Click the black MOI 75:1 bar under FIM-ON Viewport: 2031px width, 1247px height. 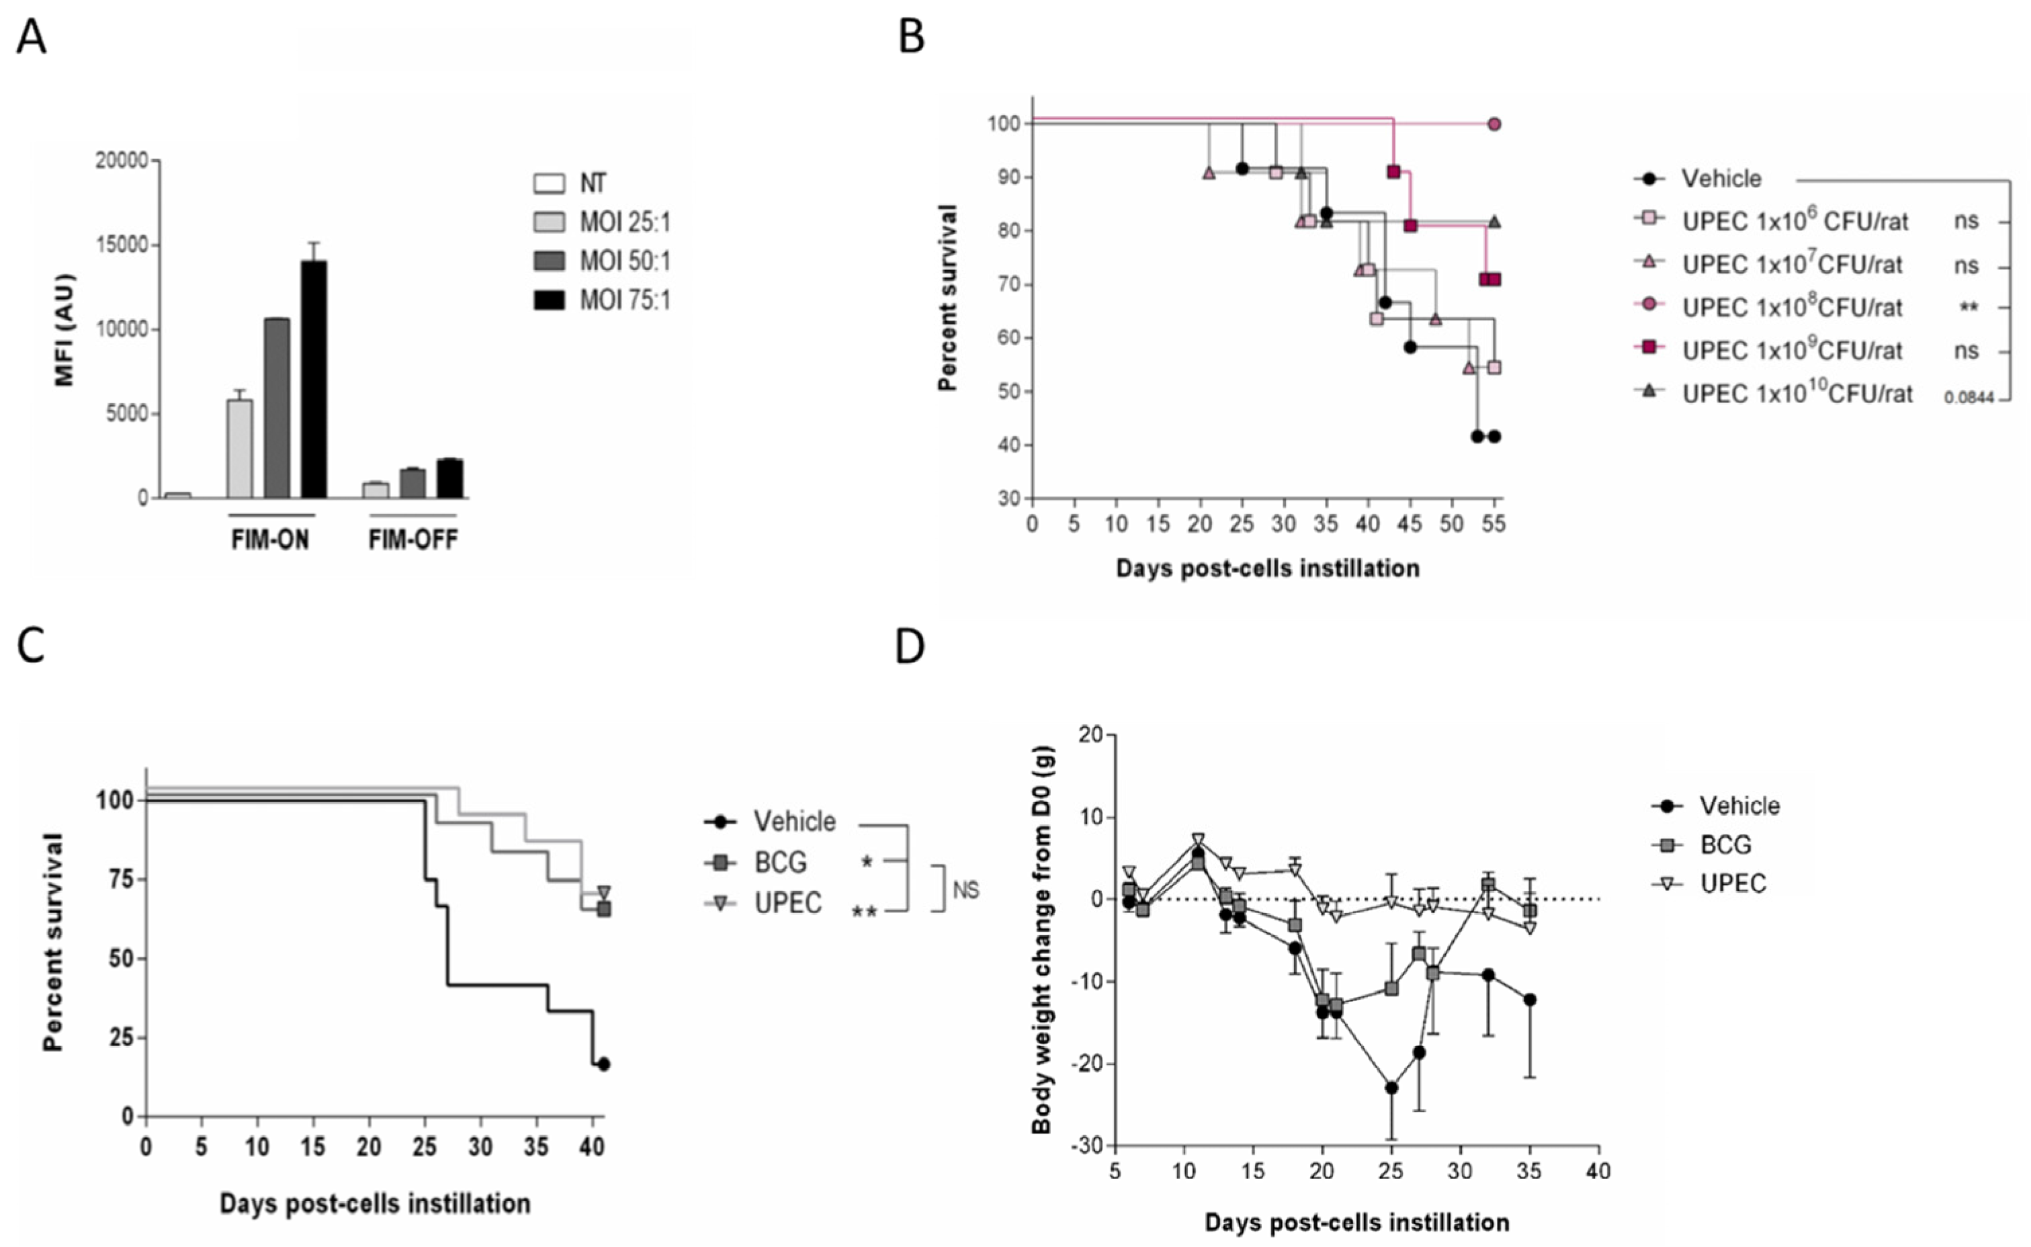(x=313, y=380)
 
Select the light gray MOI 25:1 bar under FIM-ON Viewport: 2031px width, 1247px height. (x=239, y=449)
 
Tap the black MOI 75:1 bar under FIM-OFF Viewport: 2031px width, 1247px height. (x=450, y=478)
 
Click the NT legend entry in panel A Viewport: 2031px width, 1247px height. (x=592, y=182)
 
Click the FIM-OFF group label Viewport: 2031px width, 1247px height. (x=413, y=540)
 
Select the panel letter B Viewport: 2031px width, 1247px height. (x=910, y=38)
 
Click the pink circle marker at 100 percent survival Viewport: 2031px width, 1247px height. (x=1494, y=124)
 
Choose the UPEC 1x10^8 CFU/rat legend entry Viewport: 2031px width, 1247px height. (x=1791, y=307)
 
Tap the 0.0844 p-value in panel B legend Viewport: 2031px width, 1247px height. (x=1969, y=398)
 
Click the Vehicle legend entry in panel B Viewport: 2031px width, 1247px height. (x=1721, y=178)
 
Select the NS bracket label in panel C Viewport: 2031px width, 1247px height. (x=965, y=890)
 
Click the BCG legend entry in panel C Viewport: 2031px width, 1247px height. (x=779, y=862)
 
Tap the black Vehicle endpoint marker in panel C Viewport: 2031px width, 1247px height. (x=603, y=1064)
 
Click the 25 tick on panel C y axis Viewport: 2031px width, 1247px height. (x=121, y=1037)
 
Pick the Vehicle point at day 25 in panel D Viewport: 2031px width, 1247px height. (x=1392, y=1088)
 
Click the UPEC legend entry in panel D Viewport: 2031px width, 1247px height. (x=1733, y=884)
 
